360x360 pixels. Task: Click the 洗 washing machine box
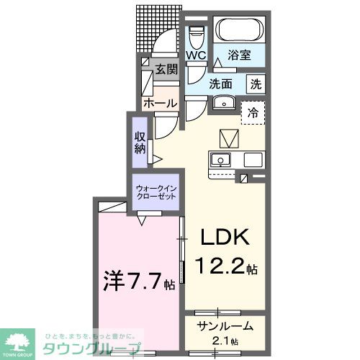[255, 83]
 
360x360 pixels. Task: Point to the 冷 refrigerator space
[253, 112]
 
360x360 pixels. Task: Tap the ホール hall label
[160, 104]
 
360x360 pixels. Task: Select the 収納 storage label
[140, 141]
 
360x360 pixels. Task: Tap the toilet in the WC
[196, 33]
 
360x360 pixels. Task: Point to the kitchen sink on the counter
[220, 158]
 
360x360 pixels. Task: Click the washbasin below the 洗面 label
[225, 103]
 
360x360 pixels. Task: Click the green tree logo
[22, 340]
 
